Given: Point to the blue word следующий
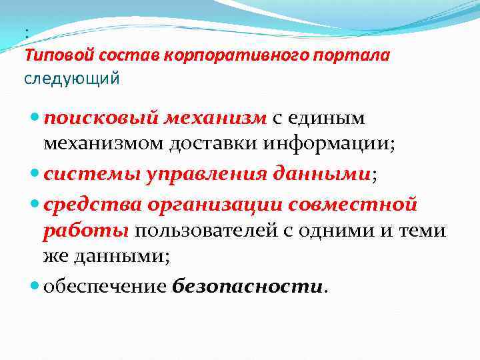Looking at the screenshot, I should click(72, 79).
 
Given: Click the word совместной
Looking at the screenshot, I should click(361, 204).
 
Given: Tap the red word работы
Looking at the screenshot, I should click(85, 230).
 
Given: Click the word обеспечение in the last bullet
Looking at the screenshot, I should click(105, 287).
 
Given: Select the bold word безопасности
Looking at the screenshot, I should click(247, 287).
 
